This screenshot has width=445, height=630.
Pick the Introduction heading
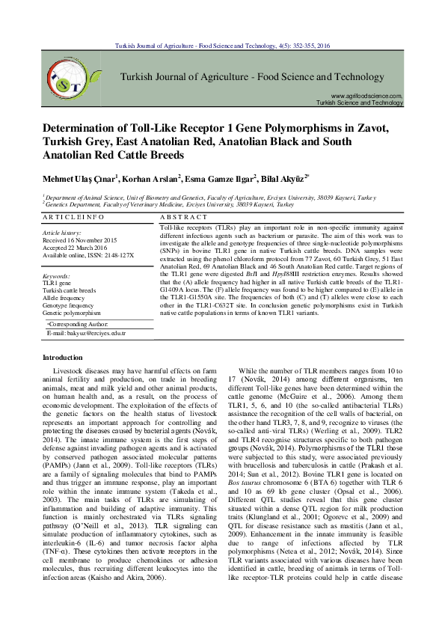(64, 358)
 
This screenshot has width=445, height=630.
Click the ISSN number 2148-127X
(119, 255)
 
